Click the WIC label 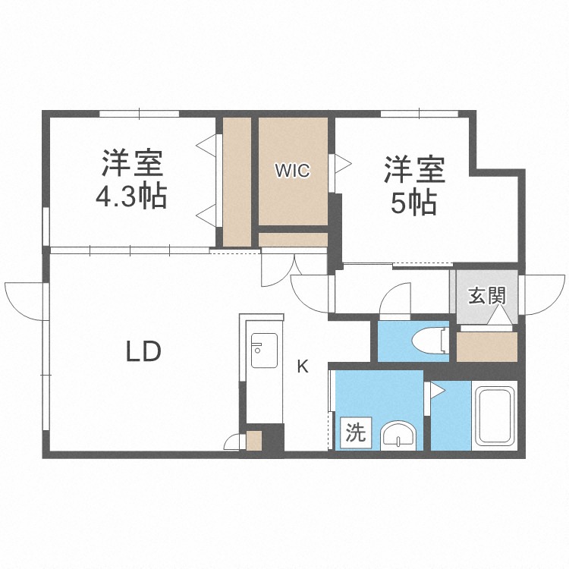pyautogui.click(x=292, y=171)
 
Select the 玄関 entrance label pyautogui.click(x=486, y=296)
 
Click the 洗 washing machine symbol pyautogui.click(x=355, y=433)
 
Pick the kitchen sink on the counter pyautogui.click(x=262, y=351)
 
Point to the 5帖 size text pyautogui.click(x=412, y=203)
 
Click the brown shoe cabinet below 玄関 pyautogui.click(x=486, y=347)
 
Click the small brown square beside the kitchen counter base pyautogui.click(x=253, y=441)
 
